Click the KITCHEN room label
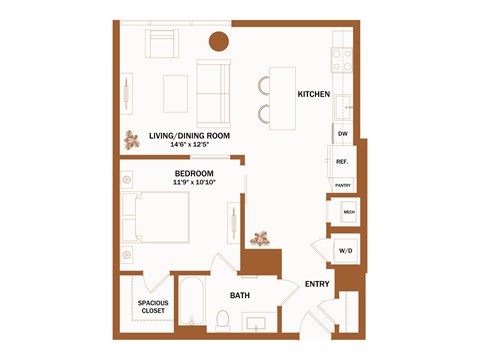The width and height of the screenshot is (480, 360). pyautogui.click(x=314, y=94)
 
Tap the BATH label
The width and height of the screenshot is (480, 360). pyautogui.click(x=240, y=295)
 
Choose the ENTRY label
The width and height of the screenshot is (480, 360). pyautogui.click(x=317, y=284)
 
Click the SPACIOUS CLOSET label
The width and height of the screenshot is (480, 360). pyautogui.click(x=153, y=306)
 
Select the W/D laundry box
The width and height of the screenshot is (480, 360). pyautogui.click(x=345, y=250)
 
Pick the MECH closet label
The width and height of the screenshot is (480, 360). pyautogui.click(x=349, y=212)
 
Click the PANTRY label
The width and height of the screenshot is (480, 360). pyautogui.click(x=342, y=185)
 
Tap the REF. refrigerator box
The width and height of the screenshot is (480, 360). pyautogui.click(x=342, y=162)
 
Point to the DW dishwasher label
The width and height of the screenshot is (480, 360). pyautogui.click(x=342, y=133)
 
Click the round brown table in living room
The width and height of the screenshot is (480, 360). pyautogui.click(x=219, y=41)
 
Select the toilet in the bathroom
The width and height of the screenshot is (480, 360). pyautogui.click(x=223, y=318)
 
